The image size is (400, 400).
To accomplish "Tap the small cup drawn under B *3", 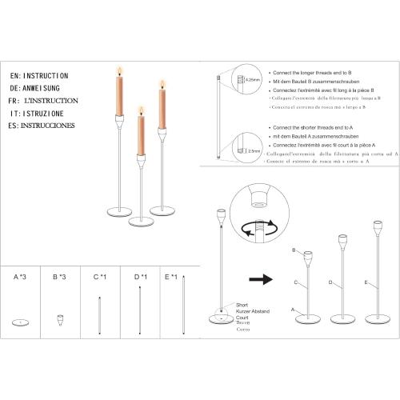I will click(x=58, y=319).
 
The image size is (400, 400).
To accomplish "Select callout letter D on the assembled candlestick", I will click(x=329, y=282).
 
